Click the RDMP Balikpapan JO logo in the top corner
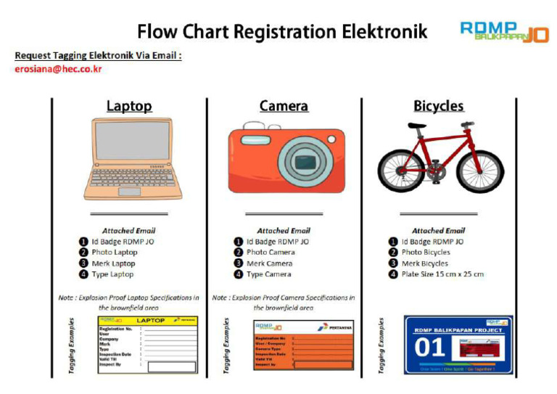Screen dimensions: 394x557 pyautogui.click(x=504, y=31)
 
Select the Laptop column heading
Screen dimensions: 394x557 pyautogui.click(x=129, y=106)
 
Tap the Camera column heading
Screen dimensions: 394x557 pyautogui.click(x=284, y=106)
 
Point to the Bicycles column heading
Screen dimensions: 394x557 pyautogui.click(x=438, y=106)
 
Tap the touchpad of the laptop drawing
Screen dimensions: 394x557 pyautogui.click(x=129, y=192)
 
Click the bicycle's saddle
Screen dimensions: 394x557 pyautogui.click(x=416, y=126)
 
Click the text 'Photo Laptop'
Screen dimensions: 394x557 pyautogui.click(x=113, y=253)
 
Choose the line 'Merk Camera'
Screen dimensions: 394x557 pyautogui.click(x=269, y=263)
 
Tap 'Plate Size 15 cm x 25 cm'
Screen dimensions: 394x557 pyautogui.click(x=442, y=274)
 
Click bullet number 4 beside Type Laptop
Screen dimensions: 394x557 pyautogui.click(x=83, y=274)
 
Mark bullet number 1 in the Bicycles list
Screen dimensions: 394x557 pyautogui.click(x=393, y=242)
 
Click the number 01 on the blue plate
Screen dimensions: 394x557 pyautogui.click(x=429, y=348)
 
